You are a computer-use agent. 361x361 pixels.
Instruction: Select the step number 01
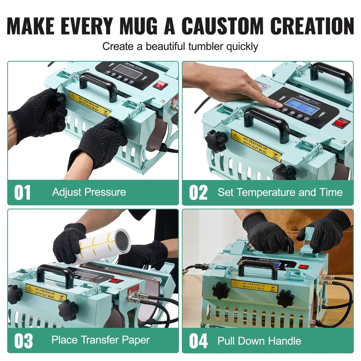pyautogui.click(x=23, y=192)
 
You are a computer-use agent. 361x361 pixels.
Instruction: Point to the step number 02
pyautogui.click(x=198, y=192)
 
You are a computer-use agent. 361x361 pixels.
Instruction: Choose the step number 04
pyautogui.click(x=198, y=341)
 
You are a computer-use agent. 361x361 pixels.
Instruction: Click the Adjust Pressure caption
pyautogui.click(x=89, y=192)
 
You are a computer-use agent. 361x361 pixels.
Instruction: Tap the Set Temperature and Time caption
pyautogui.click(x=280, y=192)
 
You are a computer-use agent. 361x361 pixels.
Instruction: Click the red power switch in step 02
pyautogui.click(x=340, y=122)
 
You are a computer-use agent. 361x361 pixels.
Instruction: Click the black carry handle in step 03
pyautogui.click(x=56, y=273)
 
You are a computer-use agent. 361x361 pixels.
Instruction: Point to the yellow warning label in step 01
pyautogui.click(x=89, y=103)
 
